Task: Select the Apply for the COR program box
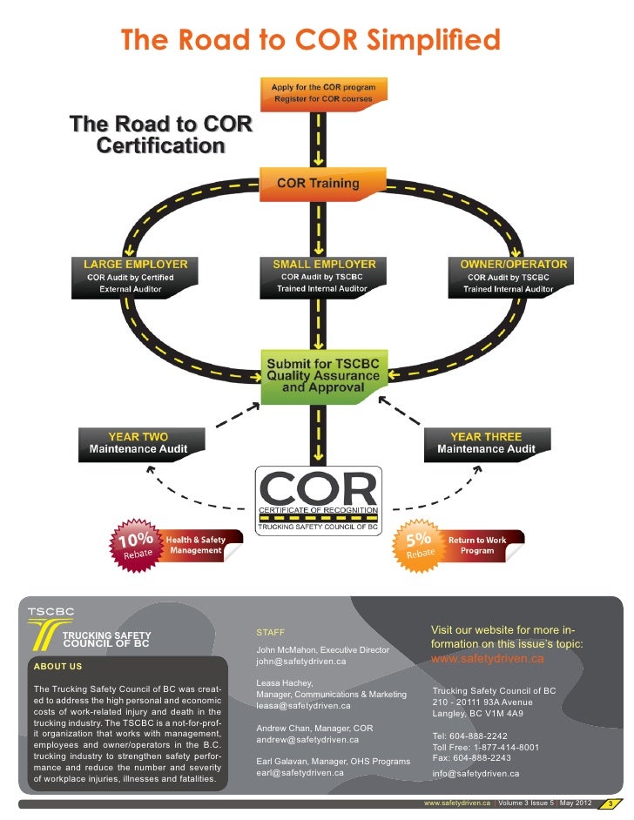click(x=323, y=92)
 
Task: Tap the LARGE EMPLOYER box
click(x=135, y=277)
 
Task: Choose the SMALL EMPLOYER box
click(x=325, y=277)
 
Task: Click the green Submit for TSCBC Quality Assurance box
click(x=323, y=375)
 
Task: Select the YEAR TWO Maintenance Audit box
click(x=138, y=443)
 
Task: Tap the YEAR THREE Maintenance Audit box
click(x=485, y=443)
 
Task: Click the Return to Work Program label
click(x=477, y=546)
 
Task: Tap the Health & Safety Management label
click(x=196, y=545)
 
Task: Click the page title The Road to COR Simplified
click(x=310, y=39)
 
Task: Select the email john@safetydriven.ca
click(x=301, y=662)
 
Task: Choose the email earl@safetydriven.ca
click(x=300, y=773)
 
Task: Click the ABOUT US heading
click(x=57, y=667)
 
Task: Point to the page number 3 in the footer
click(x=611, y=803)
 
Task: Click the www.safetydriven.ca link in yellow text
click(x=488, y=659)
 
